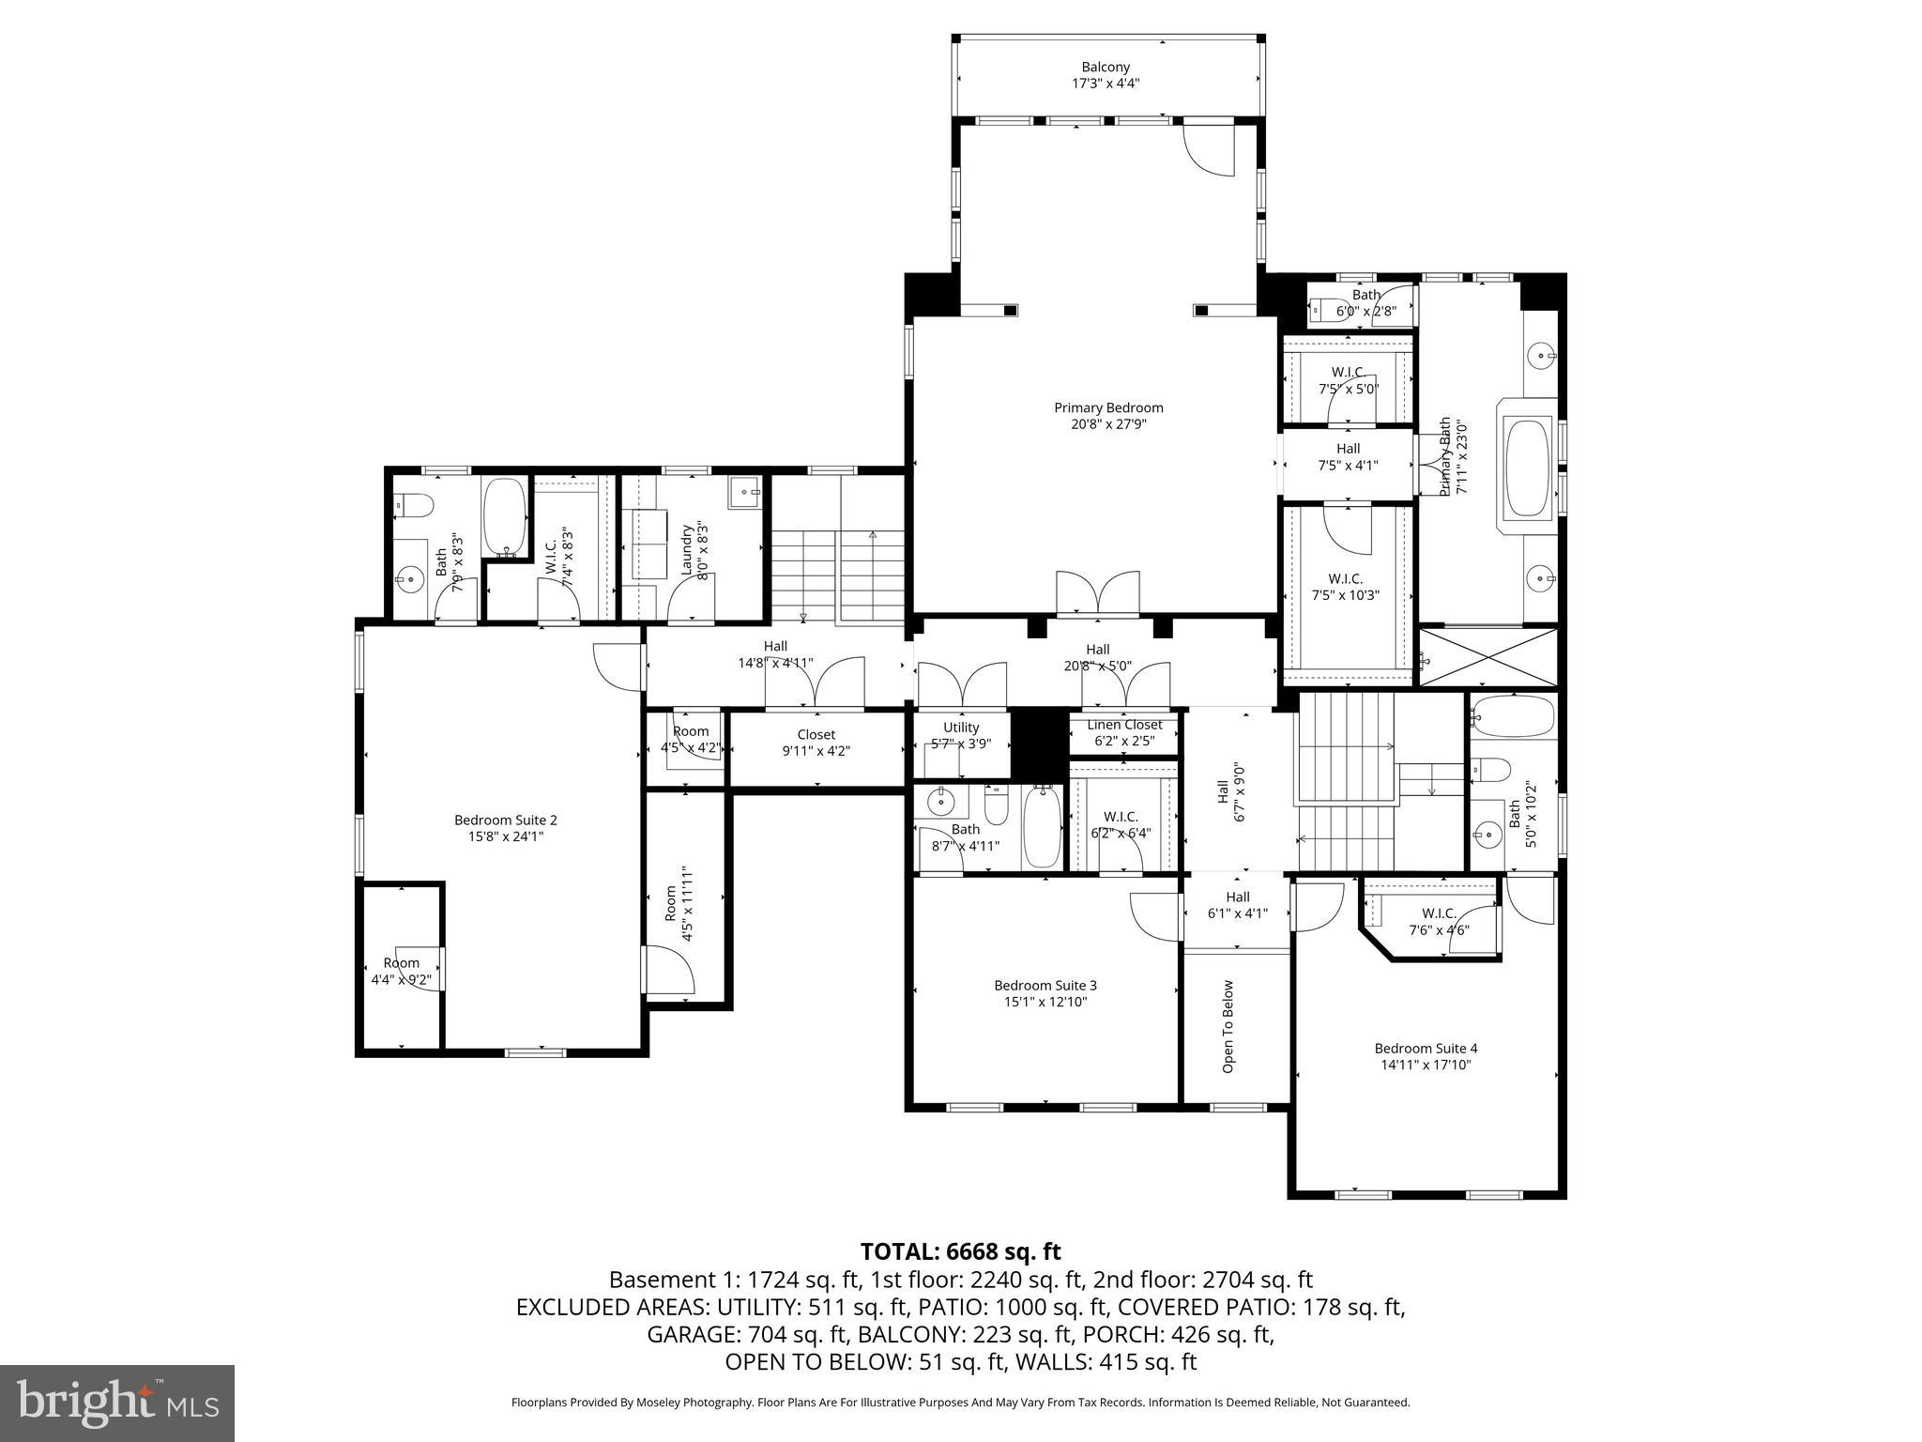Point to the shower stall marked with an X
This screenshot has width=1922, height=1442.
click(1488, 657)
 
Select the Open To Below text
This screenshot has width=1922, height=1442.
click(1228, 1026)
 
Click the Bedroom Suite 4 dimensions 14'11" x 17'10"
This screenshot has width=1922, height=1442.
click(1426, 1065)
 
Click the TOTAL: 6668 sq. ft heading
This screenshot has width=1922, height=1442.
click(960, 1251)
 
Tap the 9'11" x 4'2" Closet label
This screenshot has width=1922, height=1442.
click(816, 742)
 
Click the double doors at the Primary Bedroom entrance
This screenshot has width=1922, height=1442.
click(1098, 593)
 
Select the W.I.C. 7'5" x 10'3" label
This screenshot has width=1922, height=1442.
click(1345, 587)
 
